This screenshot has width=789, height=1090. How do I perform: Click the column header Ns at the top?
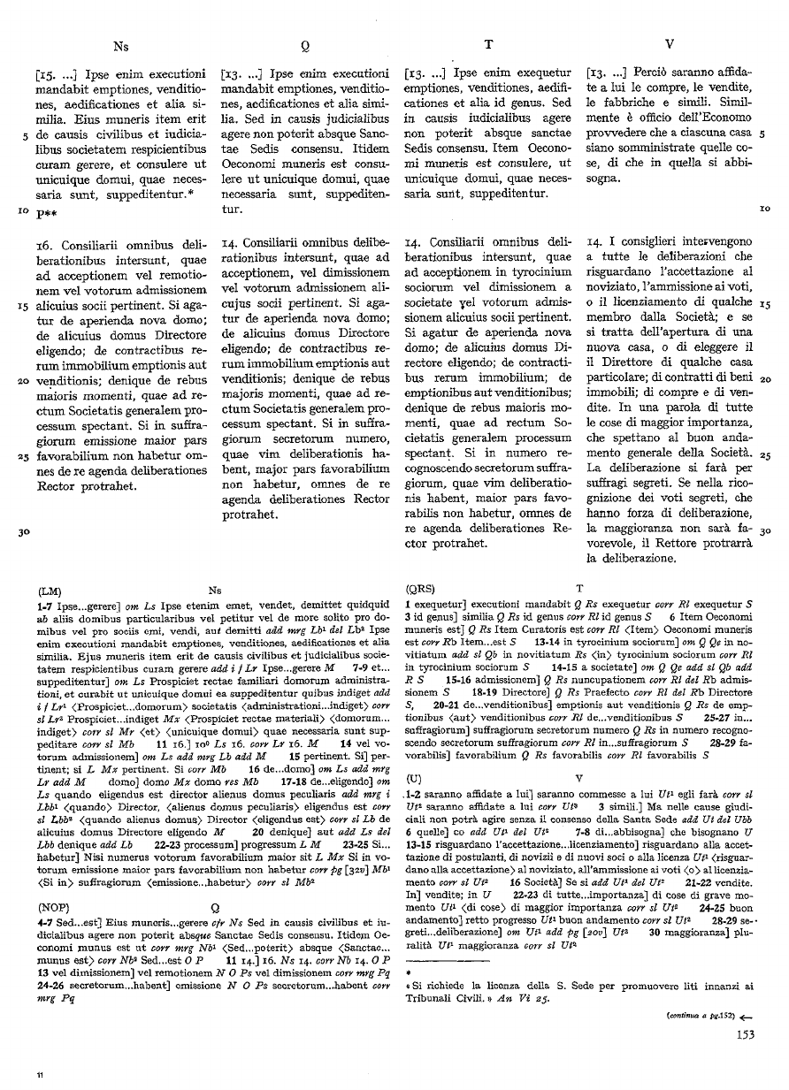[x=121, y=43]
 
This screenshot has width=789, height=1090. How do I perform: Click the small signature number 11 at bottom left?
[x=40, y=1074]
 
